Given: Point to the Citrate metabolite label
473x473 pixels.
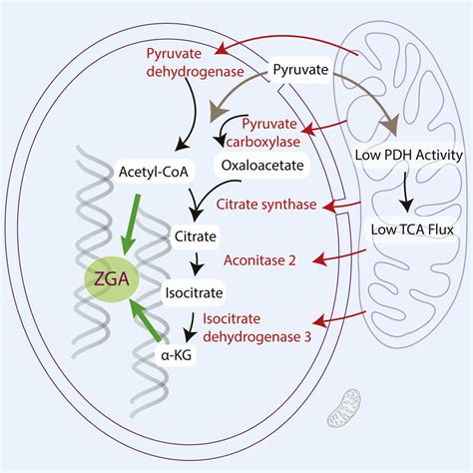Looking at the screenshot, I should coord(195,239).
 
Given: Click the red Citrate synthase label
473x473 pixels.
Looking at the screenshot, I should coord(266,205).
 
